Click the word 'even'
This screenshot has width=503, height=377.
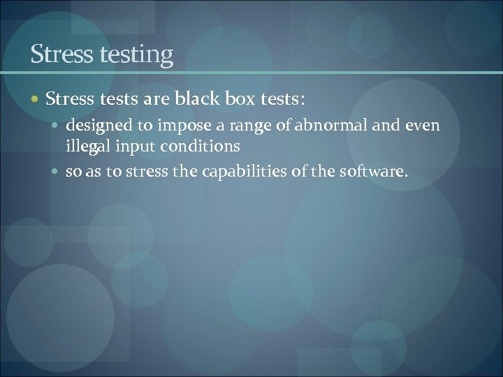click(424, 126)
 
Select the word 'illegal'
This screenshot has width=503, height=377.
click(87, 147)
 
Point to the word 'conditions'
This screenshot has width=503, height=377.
click(201, 147)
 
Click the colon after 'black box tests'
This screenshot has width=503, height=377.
click(302, 100)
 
